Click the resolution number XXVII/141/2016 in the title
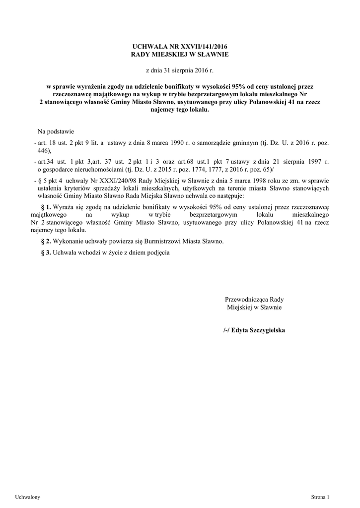(199, 46)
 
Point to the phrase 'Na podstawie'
(56, 131)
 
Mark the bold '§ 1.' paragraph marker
(46, 207)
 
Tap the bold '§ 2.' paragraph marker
(46, 241)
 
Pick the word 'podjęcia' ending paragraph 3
(158, 253)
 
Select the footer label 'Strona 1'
(320, 497)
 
